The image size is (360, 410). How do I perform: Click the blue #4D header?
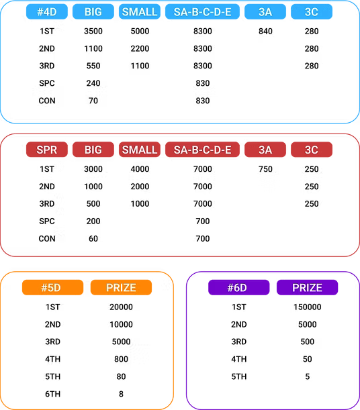pos(47,12)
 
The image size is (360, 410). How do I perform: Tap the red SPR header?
pos(47,150)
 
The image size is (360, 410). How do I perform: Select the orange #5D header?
pos(52,287)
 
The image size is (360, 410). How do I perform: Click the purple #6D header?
pos(238,287)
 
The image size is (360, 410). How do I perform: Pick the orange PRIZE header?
pos(121,287)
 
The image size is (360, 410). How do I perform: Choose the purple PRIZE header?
pos(307,287)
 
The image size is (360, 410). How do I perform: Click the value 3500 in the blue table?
pos(93,31)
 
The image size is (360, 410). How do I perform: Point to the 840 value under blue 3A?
pos(265,31)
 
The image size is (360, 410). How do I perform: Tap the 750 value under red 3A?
pos(265,169)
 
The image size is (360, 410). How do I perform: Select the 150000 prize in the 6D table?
pos(307,307)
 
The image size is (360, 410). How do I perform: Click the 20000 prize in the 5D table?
pos(121,307)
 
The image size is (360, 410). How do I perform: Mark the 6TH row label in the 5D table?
pos(52,394)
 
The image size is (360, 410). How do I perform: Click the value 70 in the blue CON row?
pos(93,101)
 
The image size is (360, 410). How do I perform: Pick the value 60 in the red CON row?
pos(93,238)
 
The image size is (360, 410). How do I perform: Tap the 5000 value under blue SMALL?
pos(140,31)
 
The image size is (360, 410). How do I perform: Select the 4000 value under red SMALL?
pos(140,169)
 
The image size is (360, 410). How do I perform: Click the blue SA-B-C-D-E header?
pos(203,12)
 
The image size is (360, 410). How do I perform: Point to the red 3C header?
pos(312,150)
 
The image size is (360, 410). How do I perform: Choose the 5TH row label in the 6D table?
pos(238,376)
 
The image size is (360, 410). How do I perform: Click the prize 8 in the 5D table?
pos(121,394)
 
